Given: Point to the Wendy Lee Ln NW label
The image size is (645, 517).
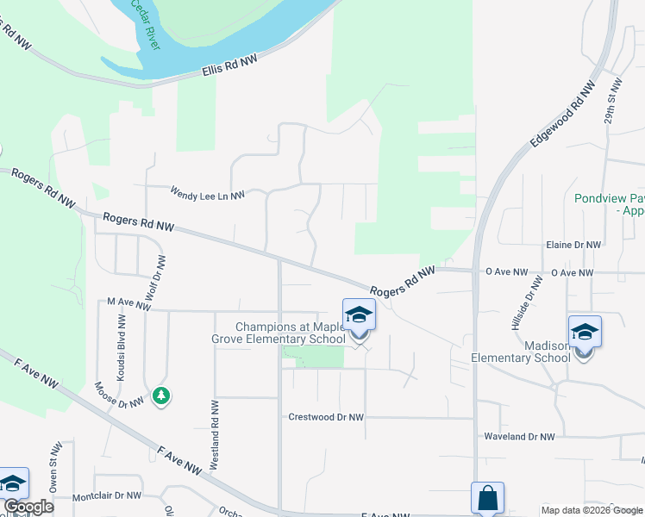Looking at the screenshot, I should click(x=207, y=194).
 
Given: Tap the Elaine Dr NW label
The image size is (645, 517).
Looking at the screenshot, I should click(x=573, y=245).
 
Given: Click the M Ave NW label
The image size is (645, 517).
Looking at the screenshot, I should click(x=123, y=302).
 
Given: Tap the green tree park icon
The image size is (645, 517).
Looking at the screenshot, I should click(x=160, y=396).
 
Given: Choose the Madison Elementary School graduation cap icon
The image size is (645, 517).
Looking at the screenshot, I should click(x=585, y=332).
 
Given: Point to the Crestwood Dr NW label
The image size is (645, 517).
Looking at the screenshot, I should click(x=325, y=417).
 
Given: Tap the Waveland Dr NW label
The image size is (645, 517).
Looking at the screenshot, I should click(x=518, y=437).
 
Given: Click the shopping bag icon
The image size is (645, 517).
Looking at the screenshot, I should click(x=487, y=498).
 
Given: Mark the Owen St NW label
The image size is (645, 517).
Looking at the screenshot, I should click(x=54, y=467).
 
